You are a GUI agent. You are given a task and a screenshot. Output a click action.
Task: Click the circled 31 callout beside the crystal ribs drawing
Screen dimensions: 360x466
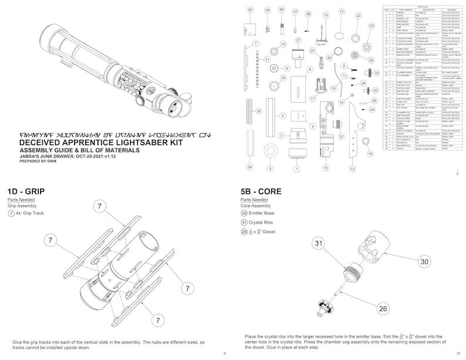point(319,243)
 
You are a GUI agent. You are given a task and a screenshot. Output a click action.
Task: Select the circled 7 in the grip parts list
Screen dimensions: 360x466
point(11,214)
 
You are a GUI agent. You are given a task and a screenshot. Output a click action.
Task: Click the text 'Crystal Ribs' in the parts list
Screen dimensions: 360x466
point(264,222)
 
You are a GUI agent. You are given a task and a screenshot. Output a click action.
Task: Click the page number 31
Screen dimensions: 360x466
point(458,352)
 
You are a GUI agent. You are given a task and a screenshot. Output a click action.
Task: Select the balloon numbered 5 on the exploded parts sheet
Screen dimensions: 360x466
point(271,169)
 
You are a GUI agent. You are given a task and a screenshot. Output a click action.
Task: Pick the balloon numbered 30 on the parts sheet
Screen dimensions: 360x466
point(249,10)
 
